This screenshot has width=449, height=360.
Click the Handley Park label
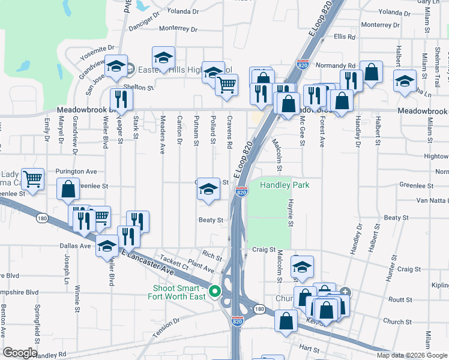pyautogui.click(x=285, y=185)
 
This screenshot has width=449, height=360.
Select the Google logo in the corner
pyautogui.click(x=19, y=353)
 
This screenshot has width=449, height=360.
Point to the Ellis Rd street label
pyautogui.click(x=345, y=37)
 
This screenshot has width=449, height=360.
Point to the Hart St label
pyautogui.click(x=310, y=347)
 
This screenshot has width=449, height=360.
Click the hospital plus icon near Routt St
pyautogui.click(x=345, y=292)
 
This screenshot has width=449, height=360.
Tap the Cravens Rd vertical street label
pyautogui.click(x=229, y=133)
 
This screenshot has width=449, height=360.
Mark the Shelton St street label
pyautogui.click(x=139, y=87)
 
